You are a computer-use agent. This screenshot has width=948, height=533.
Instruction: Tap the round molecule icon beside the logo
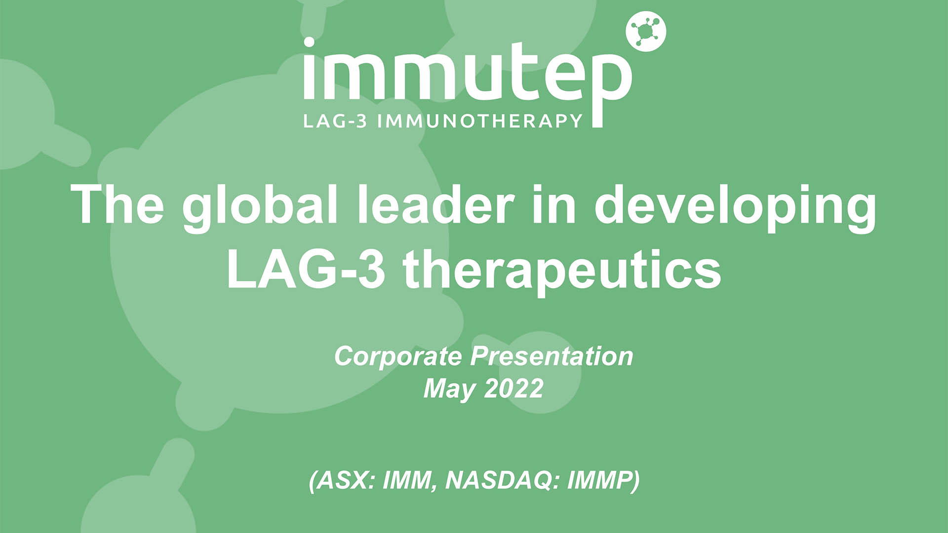point(646,31)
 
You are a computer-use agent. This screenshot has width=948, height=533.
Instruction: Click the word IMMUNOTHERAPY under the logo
point(480,120)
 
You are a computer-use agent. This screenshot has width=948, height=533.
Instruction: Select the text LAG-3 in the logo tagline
point(335,120)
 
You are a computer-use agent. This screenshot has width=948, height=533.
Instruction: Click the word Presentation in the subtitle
point(551,356)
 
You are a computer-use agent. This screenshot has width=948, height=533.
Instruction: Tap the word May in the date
point(449,389)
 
